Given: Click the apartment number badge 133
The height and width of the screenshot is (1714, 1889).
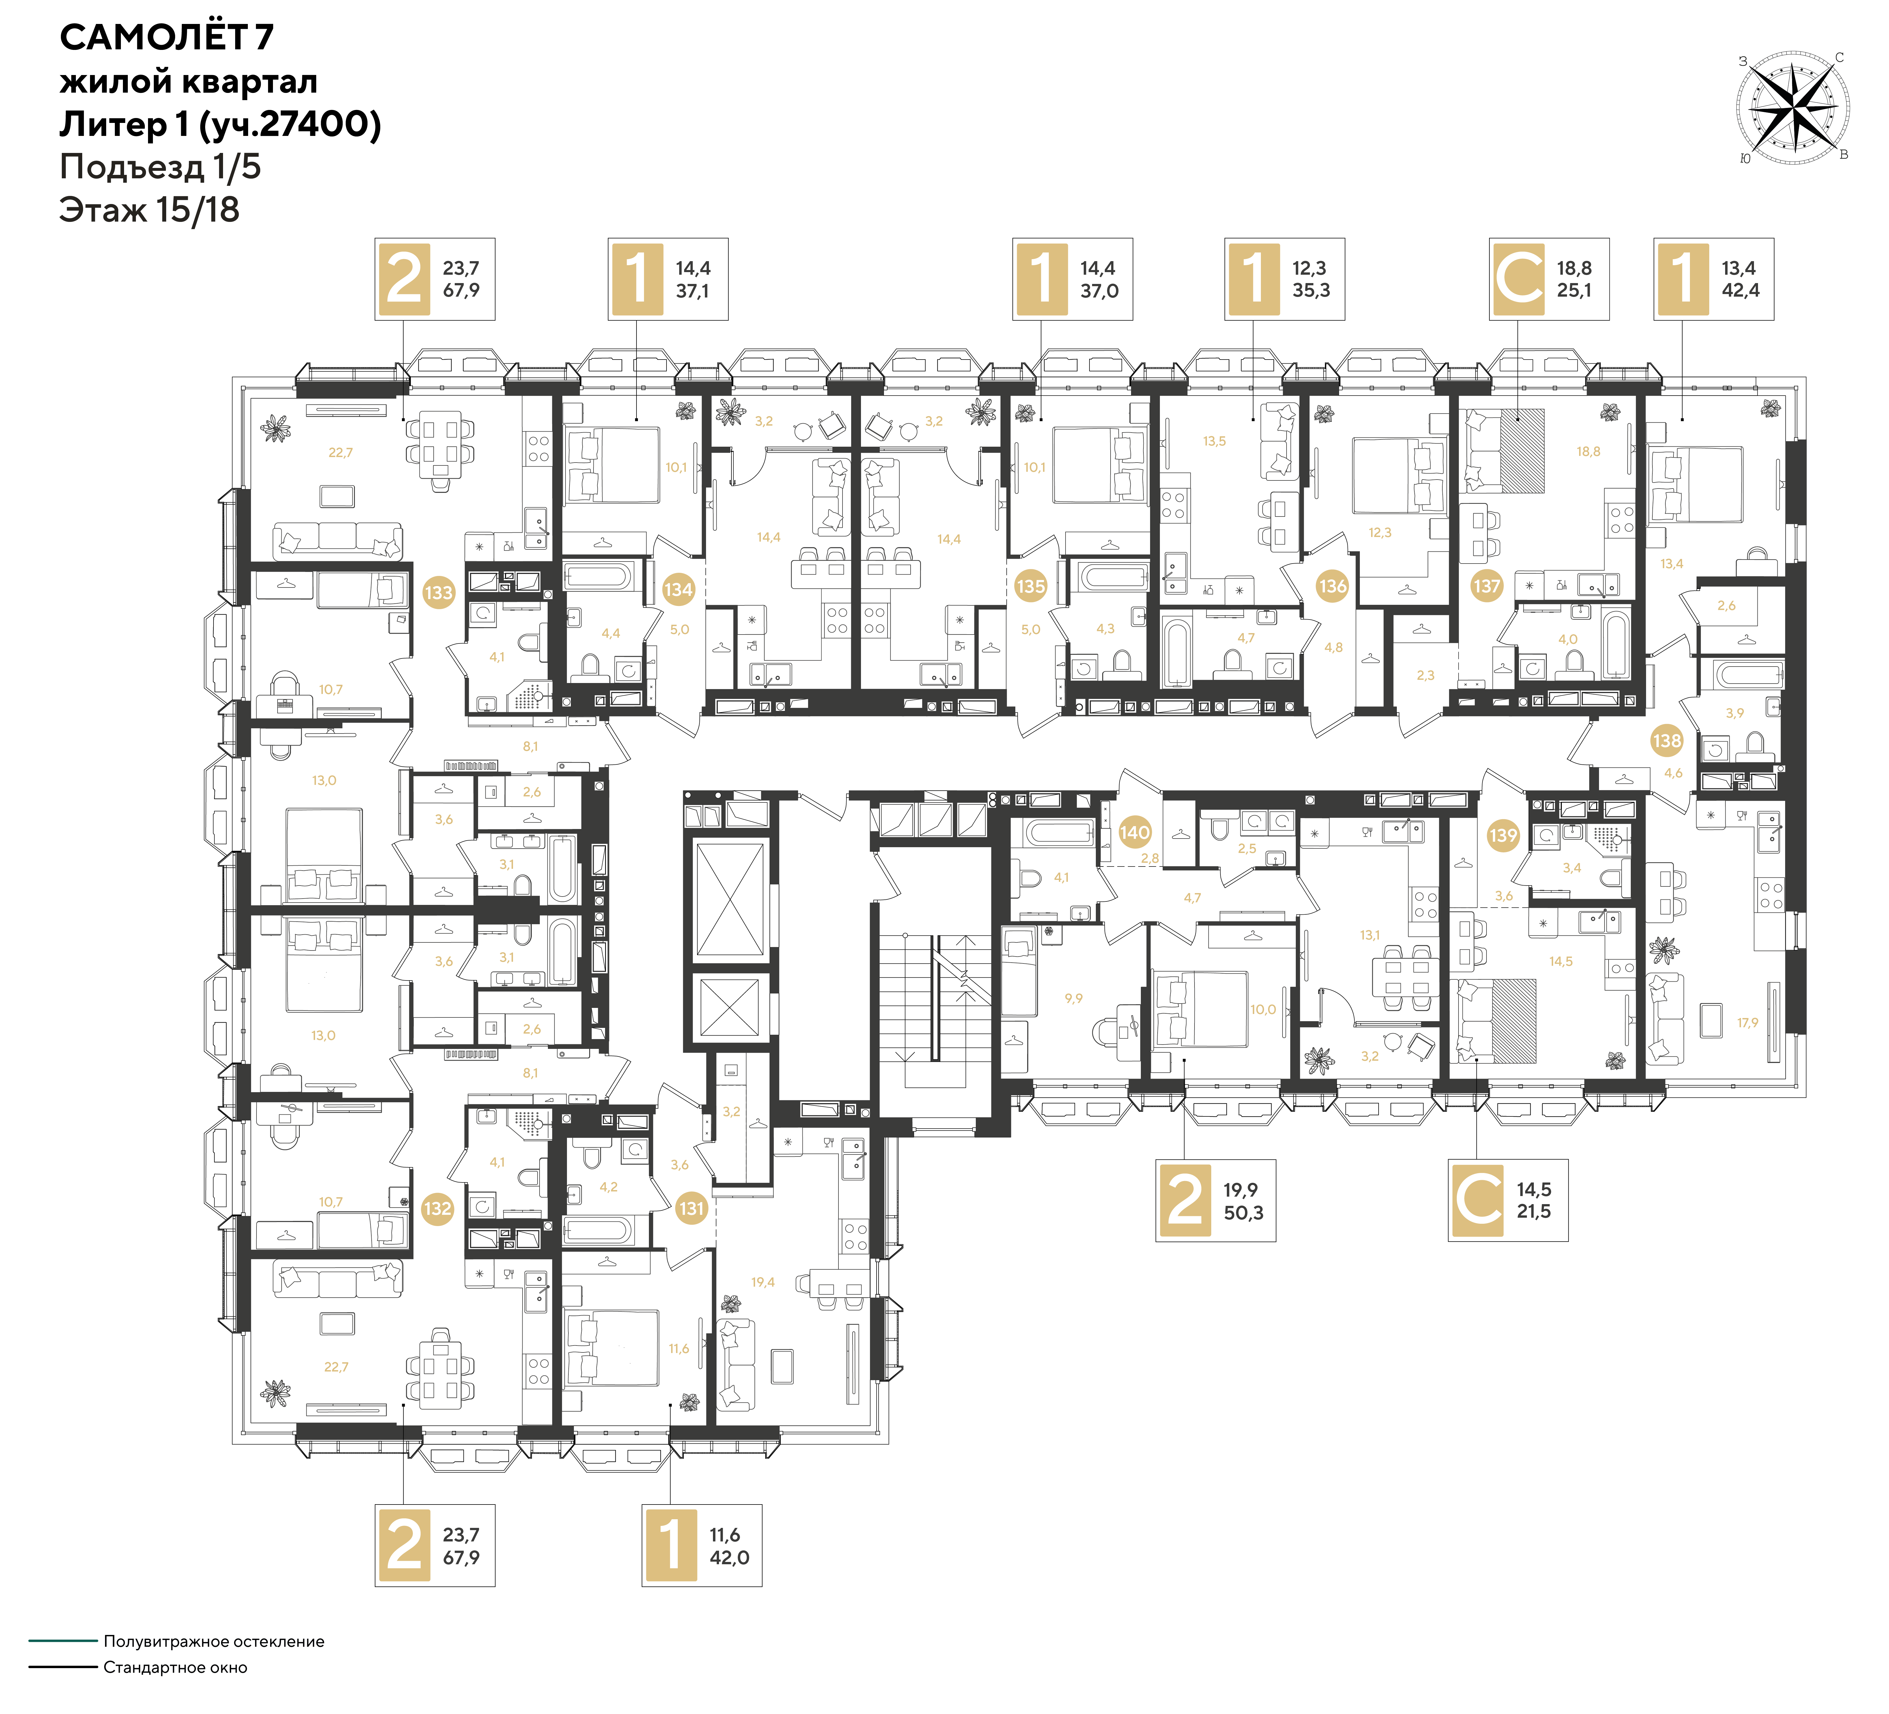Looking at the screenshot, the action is [x=439, y=592].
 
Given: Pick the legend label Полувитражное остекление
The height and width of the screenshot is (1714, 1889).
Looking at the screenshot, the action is [x=214, y=1641].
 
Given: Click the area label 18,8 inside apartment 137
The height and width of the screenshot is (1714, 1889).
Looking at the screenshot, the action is [x=1588, y=452].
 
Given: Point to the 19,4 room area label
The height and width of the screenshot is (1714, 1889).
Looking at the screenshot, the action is [x=763, y=1282].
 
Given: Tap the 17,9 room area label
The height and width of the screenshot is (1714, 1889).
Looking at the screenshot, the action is [x=1748, y=1022].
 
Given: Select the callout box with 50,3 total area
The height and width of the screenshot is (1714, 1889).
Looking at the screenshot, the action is [x=1215, y=1200].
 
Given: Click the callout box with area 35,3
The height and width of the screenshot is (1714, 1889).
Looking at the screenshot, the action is [x=1285, y=279].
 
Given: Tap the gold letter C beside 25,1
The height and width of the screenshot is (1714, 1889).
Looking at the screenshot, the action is [x=1519, y=278].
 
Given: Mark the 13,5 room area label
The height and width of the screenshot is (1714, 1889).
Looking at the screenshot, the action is [x=1214, y=441].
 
